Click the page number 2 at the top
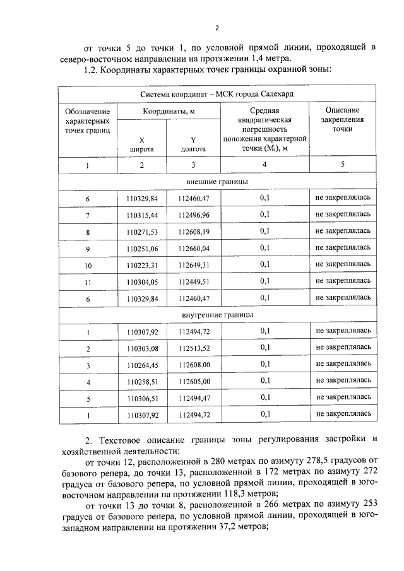coord(217,28)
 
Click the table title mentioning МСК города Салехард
coord(217,94)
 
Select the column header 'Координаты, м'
coord(167,111)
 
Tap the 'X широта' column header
coord(141,145)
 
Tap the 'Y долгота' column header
coord(193,145)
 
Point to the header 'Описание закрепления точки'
coord(343,119)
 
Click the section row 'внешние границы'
coord(217,182)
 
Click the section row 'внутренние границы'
coord(217,314)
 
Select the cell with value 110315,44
coord(141,215)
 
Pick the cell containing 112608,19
coord(193,232)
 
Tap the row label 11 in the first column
coord(88,281)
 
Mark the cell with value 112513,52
coord(193,348)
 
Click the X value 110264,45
coord(141,364)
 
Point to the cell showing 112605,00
coord(193,381)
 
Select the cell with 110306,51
coord(141,397)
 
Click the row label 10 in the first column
coord(88,264)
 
